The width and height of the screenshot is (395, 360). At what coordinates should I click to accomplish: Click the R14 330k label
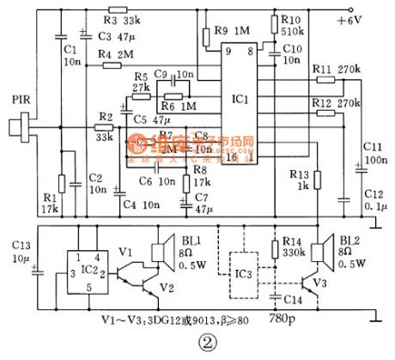294,250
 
